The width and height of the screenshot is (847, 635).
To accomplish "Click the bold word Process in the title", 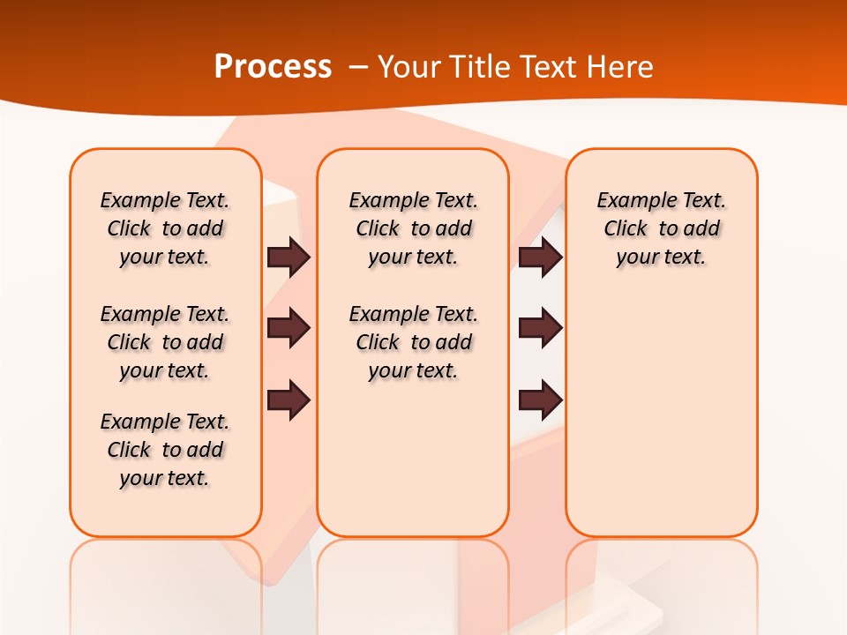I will (x=273, y=67).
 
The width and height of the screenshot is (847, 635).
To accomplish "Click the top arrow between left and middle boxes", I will (x=289, y=258).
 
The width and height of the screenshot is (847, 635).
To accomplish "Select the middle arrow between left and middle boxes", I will (x=289, y=329).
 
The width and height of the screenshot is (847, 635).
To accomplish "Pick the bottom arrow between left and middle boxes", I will (x=289, y=400).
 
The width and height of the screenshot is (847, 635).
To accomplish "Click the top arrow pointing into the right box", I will (x=540, y=258).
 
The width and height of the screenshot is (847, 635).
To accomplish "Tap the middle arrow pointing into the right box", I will (x=540, y=329).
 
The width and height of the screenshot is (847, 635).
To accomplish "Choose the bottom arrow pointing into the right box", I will (x=540, y=400).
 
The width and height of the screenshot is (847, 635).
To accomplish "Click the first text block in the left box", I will (x=165, y=228).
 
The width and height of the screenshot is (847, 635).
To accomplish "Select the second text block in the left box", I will (x=165, y=342).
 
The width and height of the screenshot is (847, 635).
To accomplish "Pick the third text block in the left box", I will (x=165, y=450).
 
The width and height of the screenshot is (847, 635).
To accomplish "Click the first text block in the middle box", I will (x=413, y=228).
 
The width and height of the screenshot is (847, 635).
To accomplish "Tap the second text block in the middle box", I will (x=413, y=342).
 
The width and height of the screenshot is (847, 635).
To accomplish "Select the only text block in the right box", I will (x=661, y=228).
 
